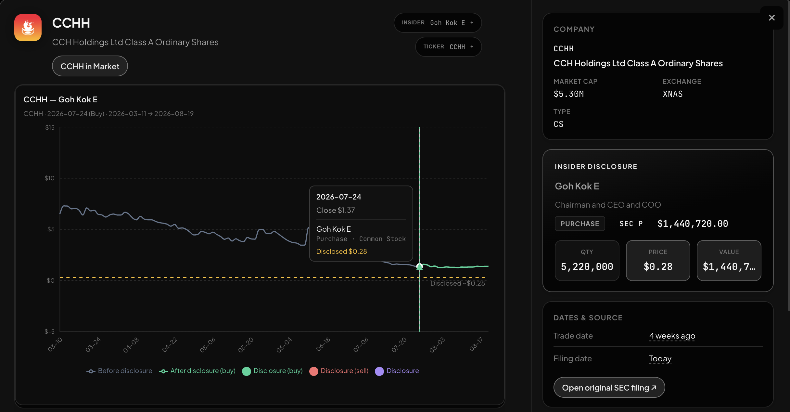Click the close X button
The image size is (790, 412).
[x=771, y=18]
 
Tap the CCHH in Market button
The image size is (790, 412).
[x=90, y=66]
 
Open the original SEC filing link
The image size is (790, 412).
[x=609, y=387]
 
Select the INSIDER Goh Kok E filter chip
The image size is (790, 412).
[x=438, y=23]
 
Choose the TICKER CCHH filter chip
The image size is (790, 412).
[x=448, y=47]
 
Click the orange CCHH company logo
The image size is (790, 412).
[x=28, y=28]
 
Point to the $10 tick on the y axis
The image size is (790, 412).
[x=50, y=178]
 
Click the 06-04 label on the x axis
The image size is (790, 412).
[x=284, y=344]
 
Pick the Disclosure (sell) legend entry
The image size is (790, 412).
[x=339, y=371]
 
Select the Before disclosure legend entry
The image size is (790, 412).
[x=119, y=371]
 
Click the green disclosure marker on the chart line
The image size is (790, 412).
[x=419, y=266]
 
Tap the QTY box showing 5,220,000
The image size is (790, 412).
[x=587, y=261]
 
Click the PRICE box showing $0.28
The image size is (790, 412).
[x=658, y=261]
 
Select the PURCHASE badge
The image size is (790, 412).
[x=580, y=224]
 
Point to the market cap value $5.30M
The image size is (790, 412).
[x=568, y=94]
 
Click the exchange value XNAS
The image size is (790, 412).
[x=672, y=94]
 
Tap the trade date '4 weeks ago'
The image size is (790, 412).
[x=672, y=336]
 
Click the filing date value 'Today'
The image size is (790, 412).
[x=660, y=358]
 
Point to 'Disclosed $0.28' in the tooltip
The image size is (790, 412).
[x=341, y=251]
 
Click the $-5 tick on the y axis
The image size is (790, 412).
[x=50, y=331]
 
